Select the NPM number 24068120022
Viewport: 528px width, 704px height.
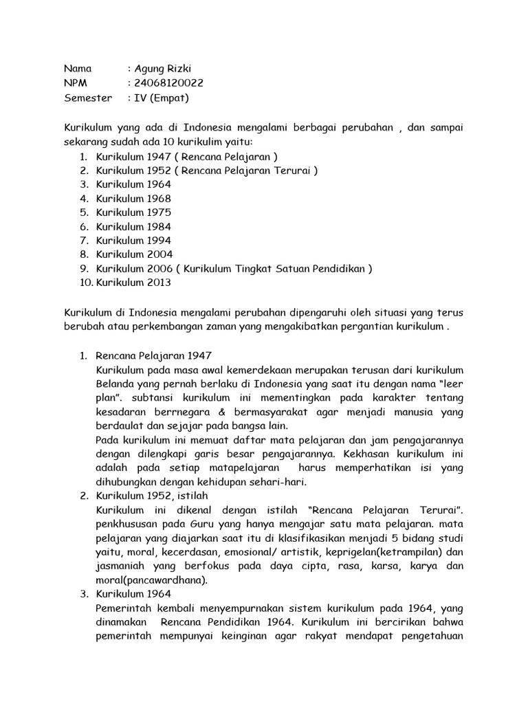point(170,83)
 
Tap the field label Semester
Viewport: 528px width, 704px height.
point(88,98)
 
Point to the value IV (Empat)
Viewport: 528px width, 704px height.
point(162,98)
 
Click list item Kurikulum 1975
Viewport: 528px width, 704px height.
point(133,212)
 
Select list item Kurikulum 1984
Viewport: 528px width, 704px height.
point(133,227)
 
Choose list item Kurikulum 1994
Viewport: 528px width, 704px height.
point(133,241)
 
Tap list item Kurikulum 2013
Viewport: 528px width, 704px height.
point(133,283)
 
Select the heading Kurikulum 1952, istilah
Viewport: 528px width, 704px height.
point(152,496)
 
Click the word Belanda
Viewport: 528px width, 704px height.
point(115,384)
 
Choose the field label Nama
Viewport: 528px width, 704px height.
point(78,69)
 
